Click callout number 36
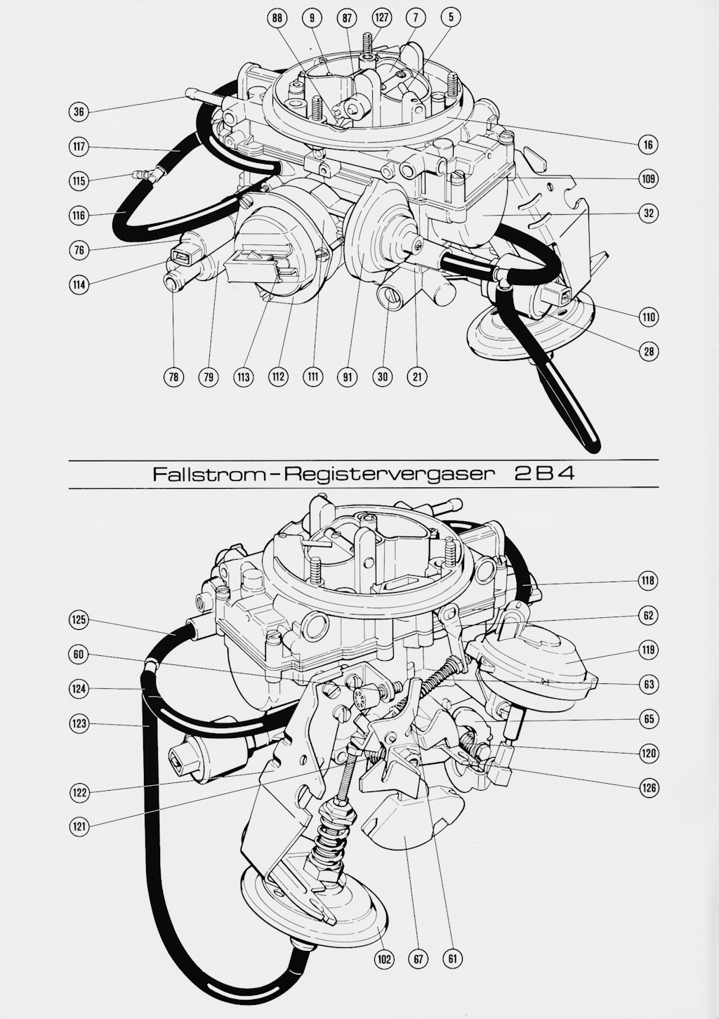pyautogui.click(x=79, y=111)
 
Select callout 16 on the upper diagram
pyautogui.click(x=648, y=145)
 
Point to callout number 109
pyautogui.click(x=648, y=179)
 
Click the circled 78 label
pyautogui.click(x=173, y=378)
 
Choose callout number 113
pyautogui.click(x=244, y=378)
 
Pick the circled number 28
pyautogui.click(x=648, y=351)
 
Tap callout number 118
pyautogui.click(x=648, y=581)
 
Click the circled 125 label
pyautogui.click(x=79, y=619)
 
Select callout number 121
pyautogui.click(x=79, y=827)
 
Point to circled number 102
pyautogui.click(x=384, y=959)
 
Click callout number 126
pyautogui.click(x=648, y=788)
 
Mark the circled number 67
pyautogui.click(x=418, y=959)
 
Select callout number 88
pyautogui.click(x=278, y=19)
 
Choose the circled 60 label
pyautogui.click(x=79, y=655)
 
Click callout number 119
pyautogui.click(x=648, y=650)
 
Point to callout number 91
pyautogui.click(x=347, y=378)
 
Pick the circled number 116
pyautogui.click(x=79, y=216)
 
